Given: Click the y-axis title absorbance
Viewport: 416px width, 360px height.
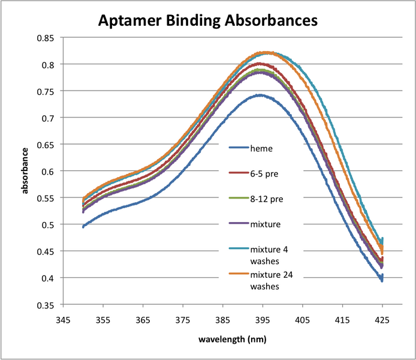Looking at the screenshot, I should [25, 171].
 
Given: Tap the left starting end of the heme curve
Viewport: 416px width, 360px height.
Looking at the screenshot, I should [83, 227].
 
